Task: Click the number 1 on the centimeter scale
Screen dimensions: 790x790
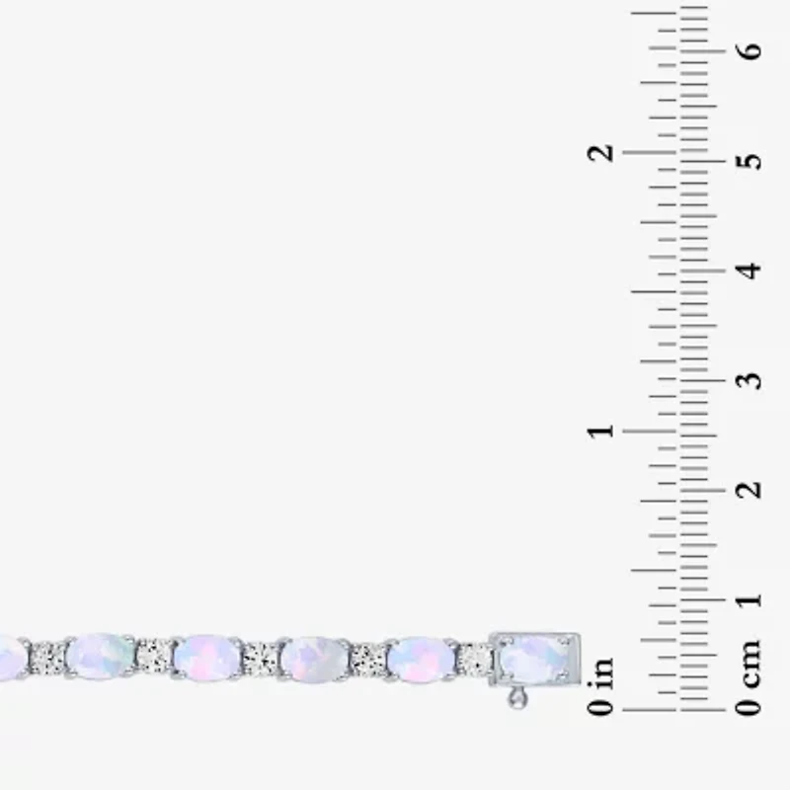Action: coord(753,599)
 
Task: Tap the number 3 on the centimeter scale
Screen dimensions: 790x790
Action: coord(753,380)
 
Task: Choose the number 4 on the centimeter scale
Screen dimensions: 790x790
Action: coord(753,270)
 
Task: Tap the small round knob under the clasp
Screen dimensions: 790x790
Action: coord(514,697)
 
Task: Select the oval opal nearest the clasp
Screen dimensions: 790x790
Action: coord(422,658)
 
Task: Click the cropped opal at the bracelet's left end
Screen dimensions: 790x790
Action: coord(9,656)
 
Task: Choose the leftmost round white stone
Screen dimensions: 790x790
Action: coord(46,656)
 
